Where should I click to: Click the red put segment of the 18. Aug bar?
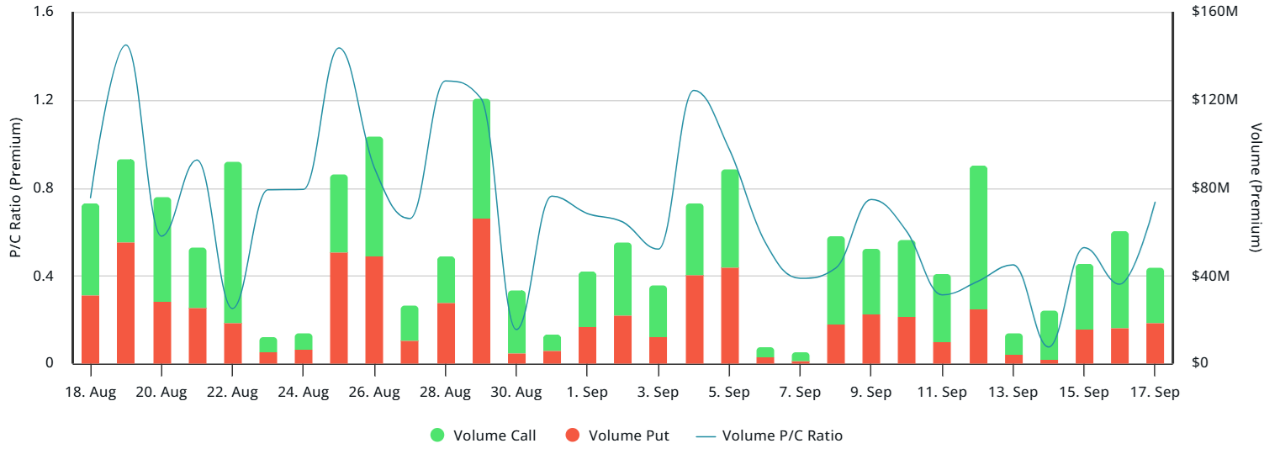coord(90,330)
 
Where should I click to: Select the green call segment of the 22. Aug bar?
coord(232,242)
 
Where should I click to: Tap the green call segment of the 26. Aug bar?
coord(374,196)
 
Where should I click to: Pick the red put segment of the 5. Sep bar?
coord(729,315)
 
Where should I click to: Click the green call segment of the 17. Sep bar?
coord(1155,295)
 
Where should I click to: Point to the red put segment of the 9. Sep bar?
coord(871,339)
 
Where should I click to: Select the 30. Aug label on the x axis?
coord(516,393)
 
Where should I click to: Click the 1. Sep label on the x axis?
coord(587,393)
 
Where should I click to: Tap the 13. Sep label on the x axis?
coord(1013,393)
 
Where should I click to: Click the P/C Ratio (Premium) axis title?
coord(15,188)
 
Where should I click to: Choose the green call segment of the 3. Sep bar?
coord(658,311)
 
